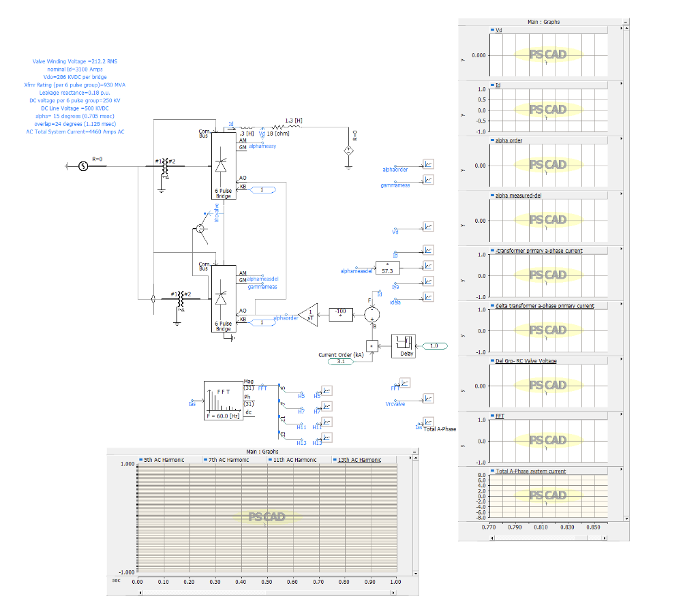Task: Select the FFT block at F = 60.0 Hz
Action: point(223,400)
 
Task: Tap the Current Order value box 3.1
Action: point(341,361)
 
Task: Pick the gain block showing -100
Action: point(341,314)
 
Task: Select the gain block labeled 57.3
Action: point(387,267)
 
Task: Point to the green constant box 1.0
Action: point(434,346)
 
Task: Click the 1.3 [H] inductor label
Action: point(294,121)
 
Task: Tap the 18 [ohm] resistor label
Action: point(279,134)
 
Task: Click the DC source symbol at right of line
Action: point(348,150)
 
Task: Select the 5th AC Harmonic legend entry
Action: point(164,460)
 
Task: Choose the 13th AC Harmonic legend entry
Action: point(359,460)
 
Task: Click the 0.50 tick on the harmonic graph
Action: point(267,582)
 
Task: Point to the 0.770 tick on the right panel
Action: point(488,527)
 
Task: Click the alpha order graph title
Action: point(509,140)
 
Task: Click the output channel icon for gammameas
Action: point(427,180)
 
